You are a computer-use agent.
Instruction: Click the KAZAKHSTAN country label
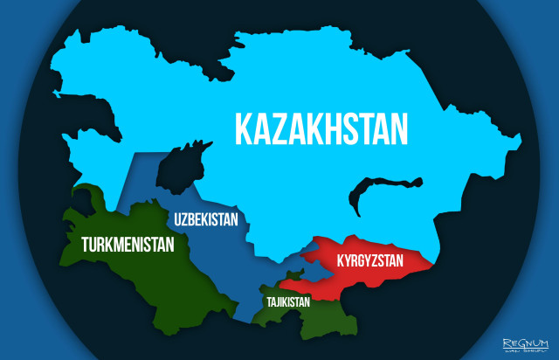(321, 128)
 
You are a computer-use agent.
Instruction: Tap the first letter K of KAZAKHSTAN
(245, 128)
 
